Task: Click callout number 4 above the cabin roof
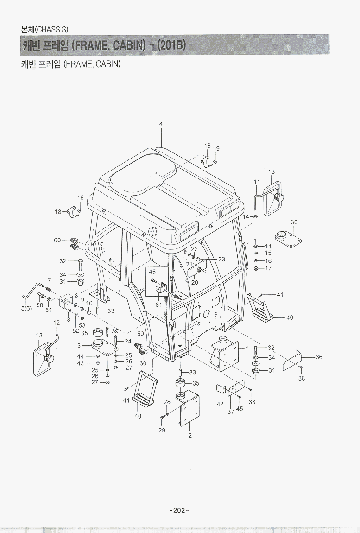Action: pos(161,124)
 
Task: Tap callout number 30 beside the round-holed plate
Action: pos(294,222)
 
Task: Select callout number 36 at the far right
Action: pos(318,357)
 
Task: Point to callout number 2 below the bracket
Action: pos(190,435)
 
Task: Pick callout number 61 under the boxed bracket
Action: pos(158,305)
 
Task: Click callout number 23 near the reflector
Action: pos(221,259)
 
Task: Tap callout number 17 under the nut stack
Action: pos(268,268)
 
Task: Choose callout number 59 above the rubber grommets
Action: pos(140,334)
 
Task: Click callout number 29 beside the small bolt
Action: pos(162,430)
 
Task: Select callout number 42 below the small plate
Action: pos(220,404)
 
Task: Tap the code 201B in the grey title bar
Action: pos(171,45)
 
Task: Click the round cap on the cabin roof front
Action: pos(152,231)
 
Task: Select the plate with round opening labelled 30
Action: pos(288,238)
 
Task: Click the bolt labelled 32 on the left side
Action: pos(80,264)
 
